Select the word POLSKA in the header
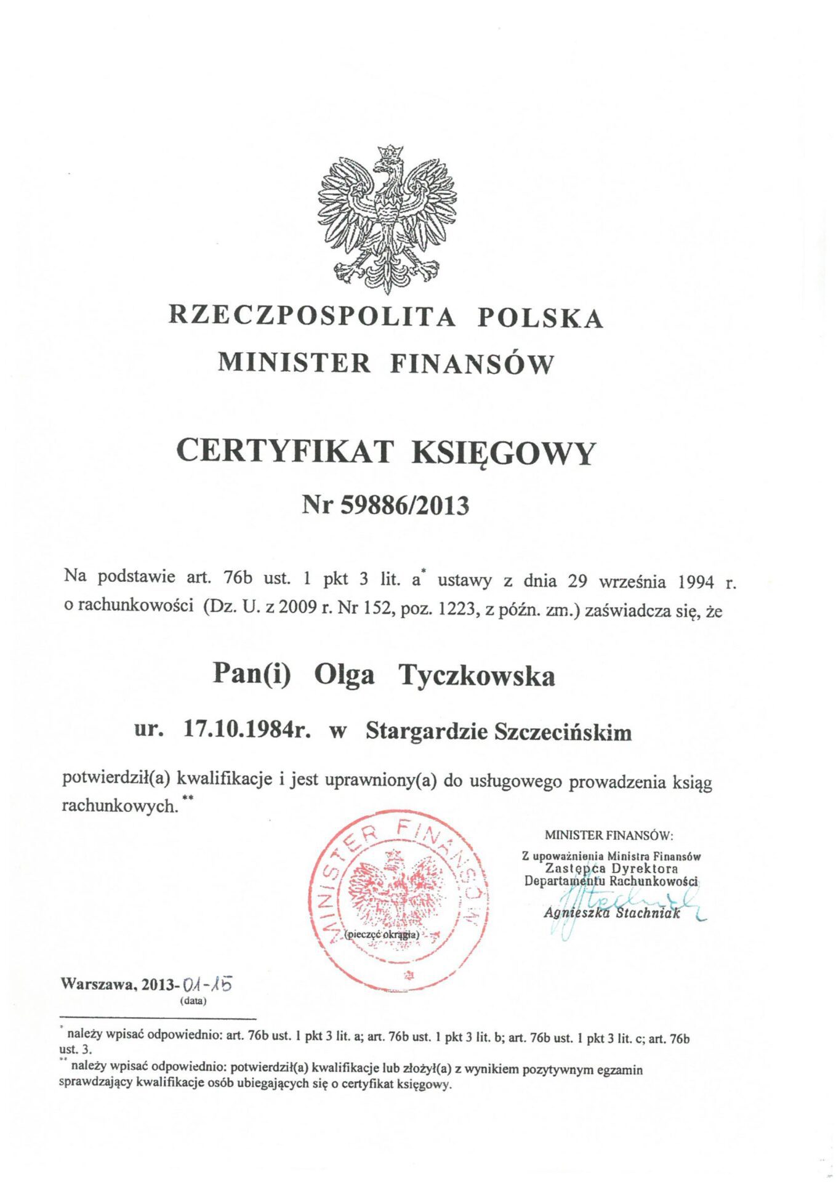tap(541, 318)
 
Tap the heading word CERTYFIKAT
tap(284, 451)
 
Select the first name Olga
tap(344, 675)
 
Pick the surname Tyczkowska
tap(477, 677)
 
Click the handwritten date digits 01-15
tap(210, 984)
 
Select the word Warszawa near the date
tap(98, 984)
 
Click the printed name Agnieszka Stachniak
tap(612, 913)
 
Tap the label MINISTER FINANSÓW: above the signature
tap(609, 835)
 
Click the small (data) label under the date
tap(193, 1001)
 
